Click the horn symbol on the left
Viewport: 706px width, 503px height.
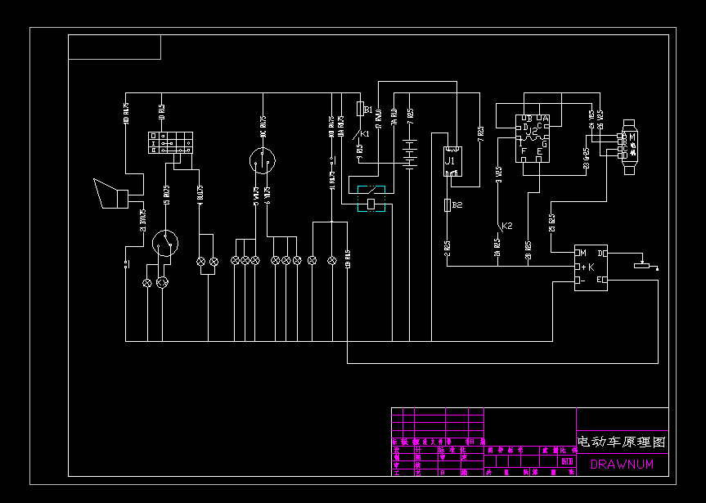[110, 194]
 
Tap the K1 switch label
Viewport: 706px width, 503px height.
[365, 132]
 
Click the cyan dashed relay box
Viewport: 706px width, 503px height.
[372, 198]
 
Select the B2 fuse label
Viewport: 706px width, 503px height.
[456, 204]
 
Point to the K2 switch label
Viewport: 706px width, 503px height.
[506, 225]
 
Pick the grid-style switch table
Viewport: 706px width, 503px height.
[171, 143]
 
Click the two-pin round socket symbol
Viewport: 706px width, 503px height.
[263, 159]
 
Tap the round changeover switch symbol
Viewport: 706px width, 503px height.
[166, 243]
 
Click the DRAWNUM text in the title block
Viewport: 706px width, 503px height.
[622, 465]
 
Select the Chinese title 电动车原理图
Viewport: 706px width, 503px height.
[622, 442]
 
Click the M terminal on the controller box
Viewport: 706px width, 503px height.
[583, 252]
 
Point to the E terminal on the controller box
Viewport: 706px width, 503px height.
[601, 281]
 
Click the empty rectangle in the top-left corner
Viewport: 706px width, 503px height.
[115, 47]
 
